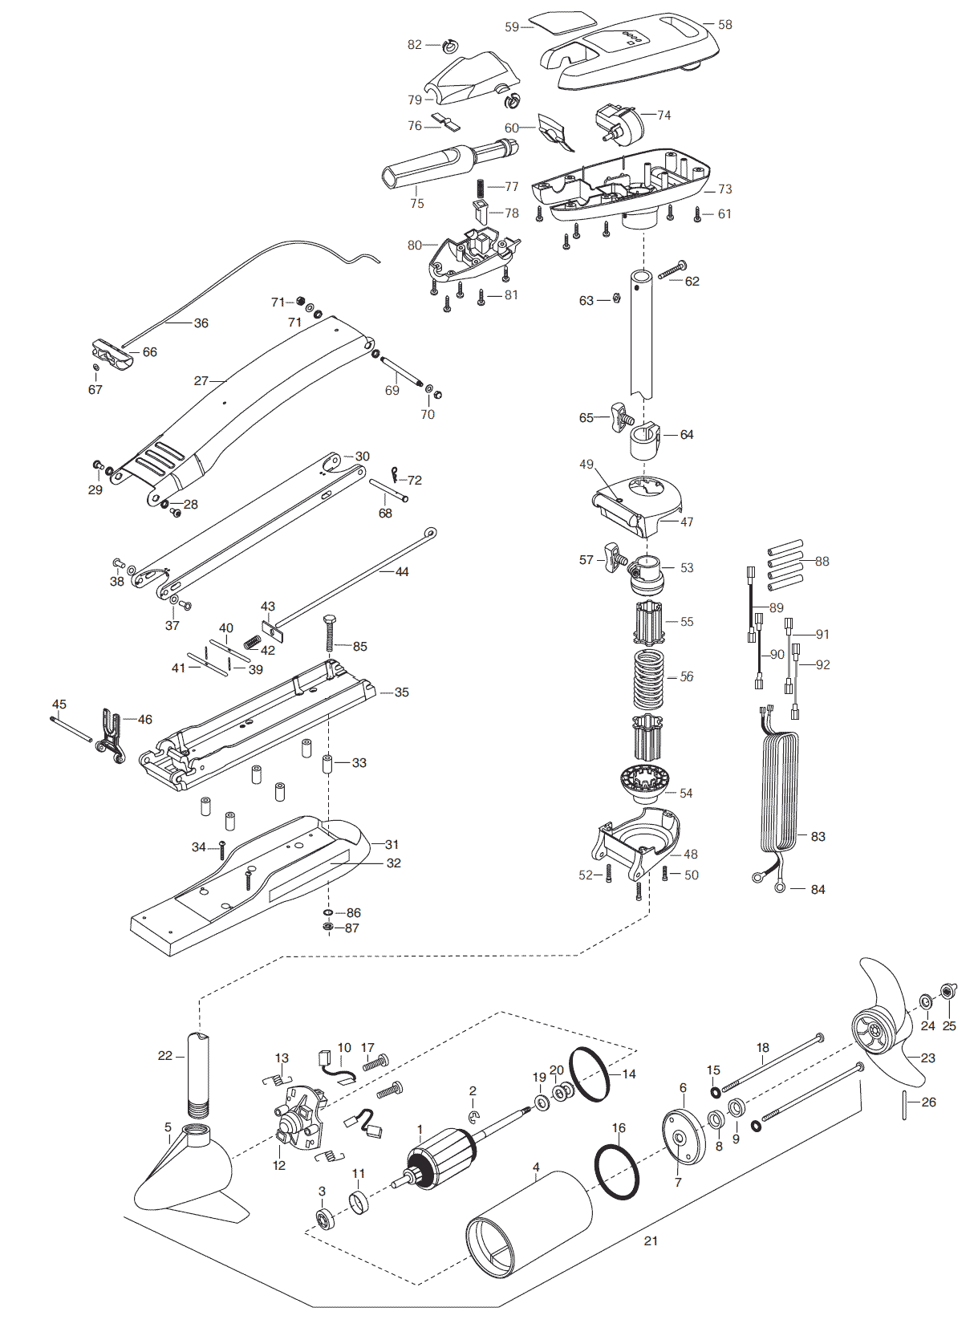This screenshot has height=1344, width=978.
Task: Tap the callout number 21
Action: (x=651, y=1240)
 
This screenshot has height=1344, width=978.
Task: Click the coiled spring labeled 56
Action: (x=648, y=676)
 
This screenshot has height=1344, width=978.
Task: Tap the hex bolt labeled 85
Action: (x=331, y=633)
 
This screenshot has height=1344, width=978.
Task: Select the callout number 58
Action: (x=724, y=25)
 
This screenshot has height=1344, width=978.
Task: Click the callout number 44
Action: (x=402, y=572)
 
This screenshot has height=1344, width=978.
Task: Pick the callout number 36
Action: (x=201, y=323)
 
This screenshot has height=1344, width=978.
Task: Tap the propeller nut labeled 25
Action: (x=948, y=991)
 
